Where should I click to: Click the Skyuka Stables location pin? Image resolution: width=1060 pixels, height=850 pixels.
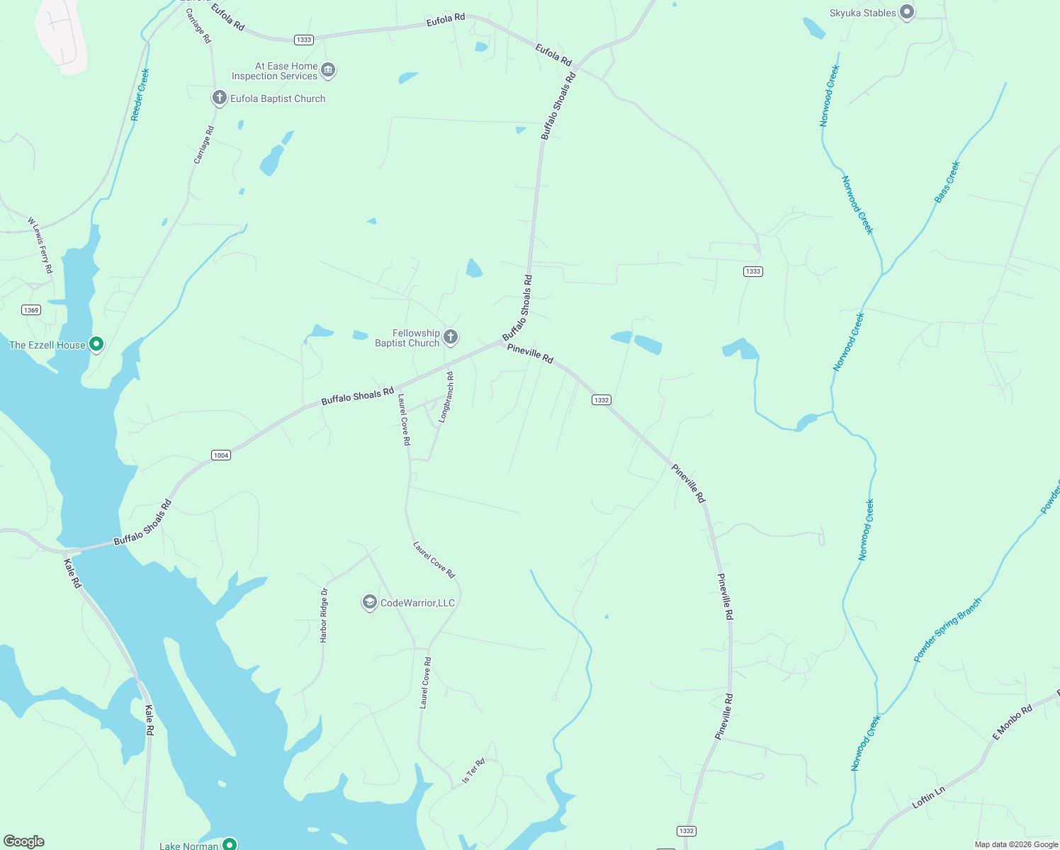click(906, 12)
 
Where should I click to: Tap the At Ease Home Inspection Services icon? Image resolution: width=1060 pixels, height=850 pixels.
click(327, 69)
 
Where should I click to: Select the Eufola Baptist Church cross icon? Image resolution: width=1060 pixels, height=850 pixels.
click(220, 98)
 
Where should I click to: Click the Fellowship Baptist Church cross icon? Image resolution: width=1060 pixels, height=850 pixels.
click(451, 337)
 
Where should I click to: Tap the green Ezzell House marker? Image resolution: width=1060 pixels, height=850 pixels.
click(96, 344)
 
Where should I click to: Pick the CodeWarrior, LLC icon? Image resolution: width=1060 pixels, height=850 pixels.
click(369, 602)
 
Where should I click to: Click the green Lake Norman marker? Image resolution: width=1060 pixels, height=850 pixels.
click(230, 844)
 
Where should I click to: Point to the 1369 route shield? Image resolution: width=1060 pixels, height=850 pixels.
click(31, 310)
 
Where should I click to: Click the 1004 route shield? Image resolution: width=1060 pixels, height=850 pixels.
click(221, 455)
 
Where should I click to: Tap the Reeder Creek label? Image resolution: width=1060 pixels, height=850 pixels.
click(140, 94)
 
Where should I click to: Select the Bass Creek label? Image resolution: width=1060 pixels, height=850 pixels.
click(947, 181)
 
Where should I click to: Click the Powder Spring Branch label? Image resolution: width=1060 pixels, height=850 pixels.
click(947, 630)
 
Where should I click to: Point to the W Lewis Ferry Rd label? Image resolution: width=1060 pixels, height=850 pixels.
click(40, 245)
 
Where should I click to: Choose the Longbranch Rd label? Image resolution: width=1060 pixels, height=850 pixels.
click(446, 397)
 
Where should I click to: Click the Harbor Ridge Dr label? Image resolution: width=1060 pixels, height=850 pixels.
click(324, 615)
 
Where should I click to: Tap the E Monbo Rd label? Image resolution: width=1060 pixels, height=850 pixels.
click(1012, 722)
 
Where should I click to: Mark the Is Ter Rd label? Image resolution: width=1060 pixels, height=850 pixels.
click(473, 771)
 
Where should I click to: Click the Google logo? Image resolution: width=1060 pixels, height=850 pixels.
click(23, 841)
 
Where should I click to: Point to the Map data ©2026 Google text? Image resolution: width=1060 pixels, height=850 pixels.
click(1016, 844)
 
